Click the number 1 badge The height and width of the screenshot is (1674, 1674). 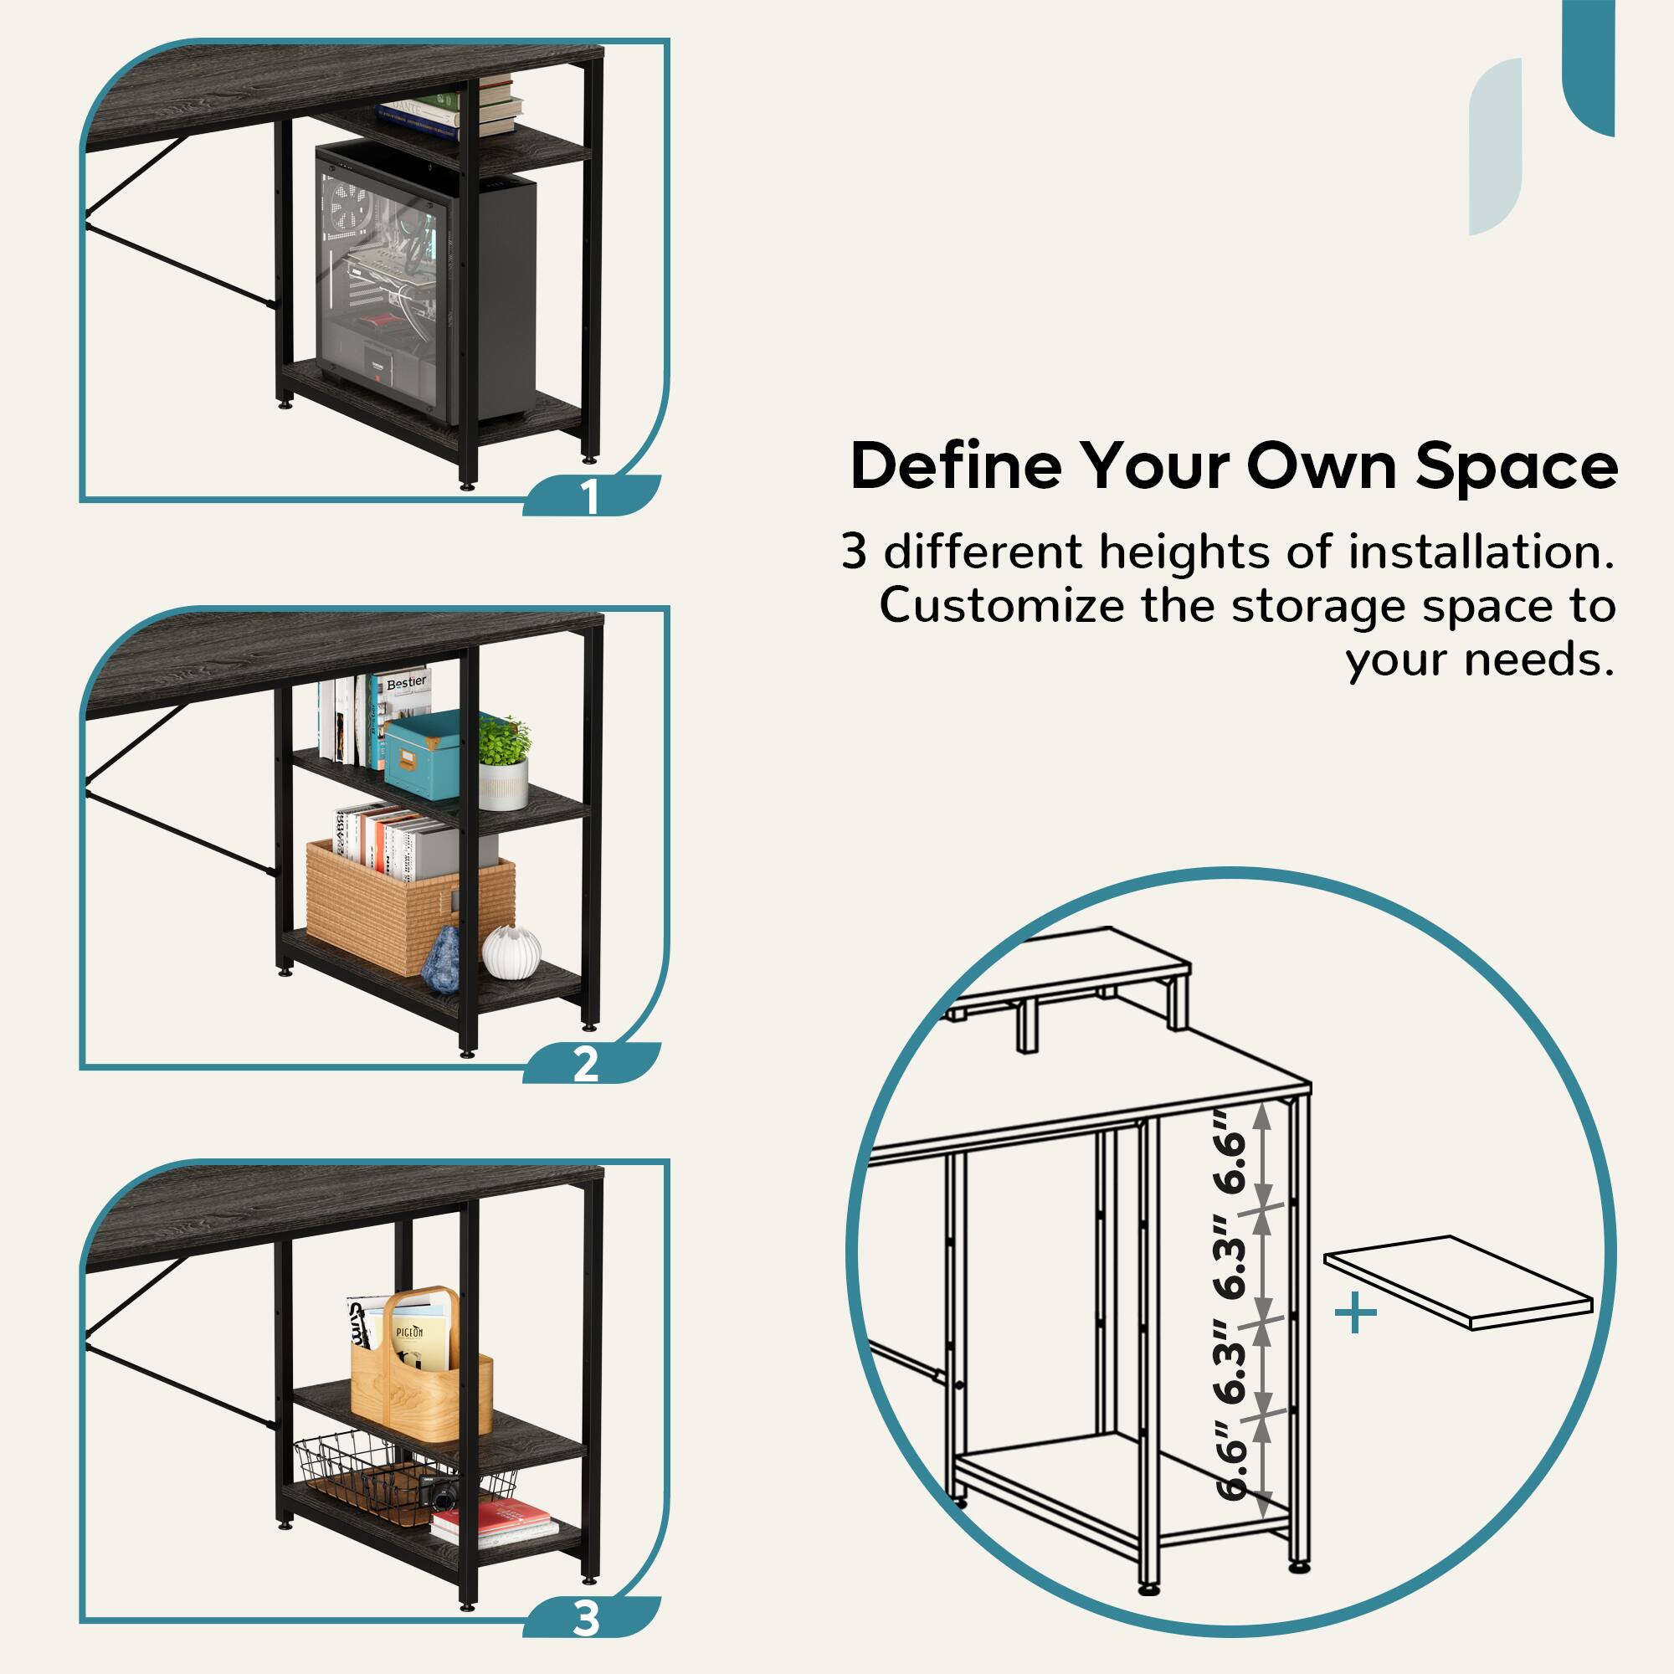[590, 496]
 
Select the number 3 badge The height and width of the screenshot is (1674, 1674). [587, 1618]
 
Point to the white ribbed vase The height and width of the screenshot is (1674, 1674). [511, 951]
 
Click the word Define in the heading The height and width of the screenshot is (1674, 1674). [956, 466]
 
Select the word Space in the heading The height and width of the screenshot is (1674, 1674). [1517, 466]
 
